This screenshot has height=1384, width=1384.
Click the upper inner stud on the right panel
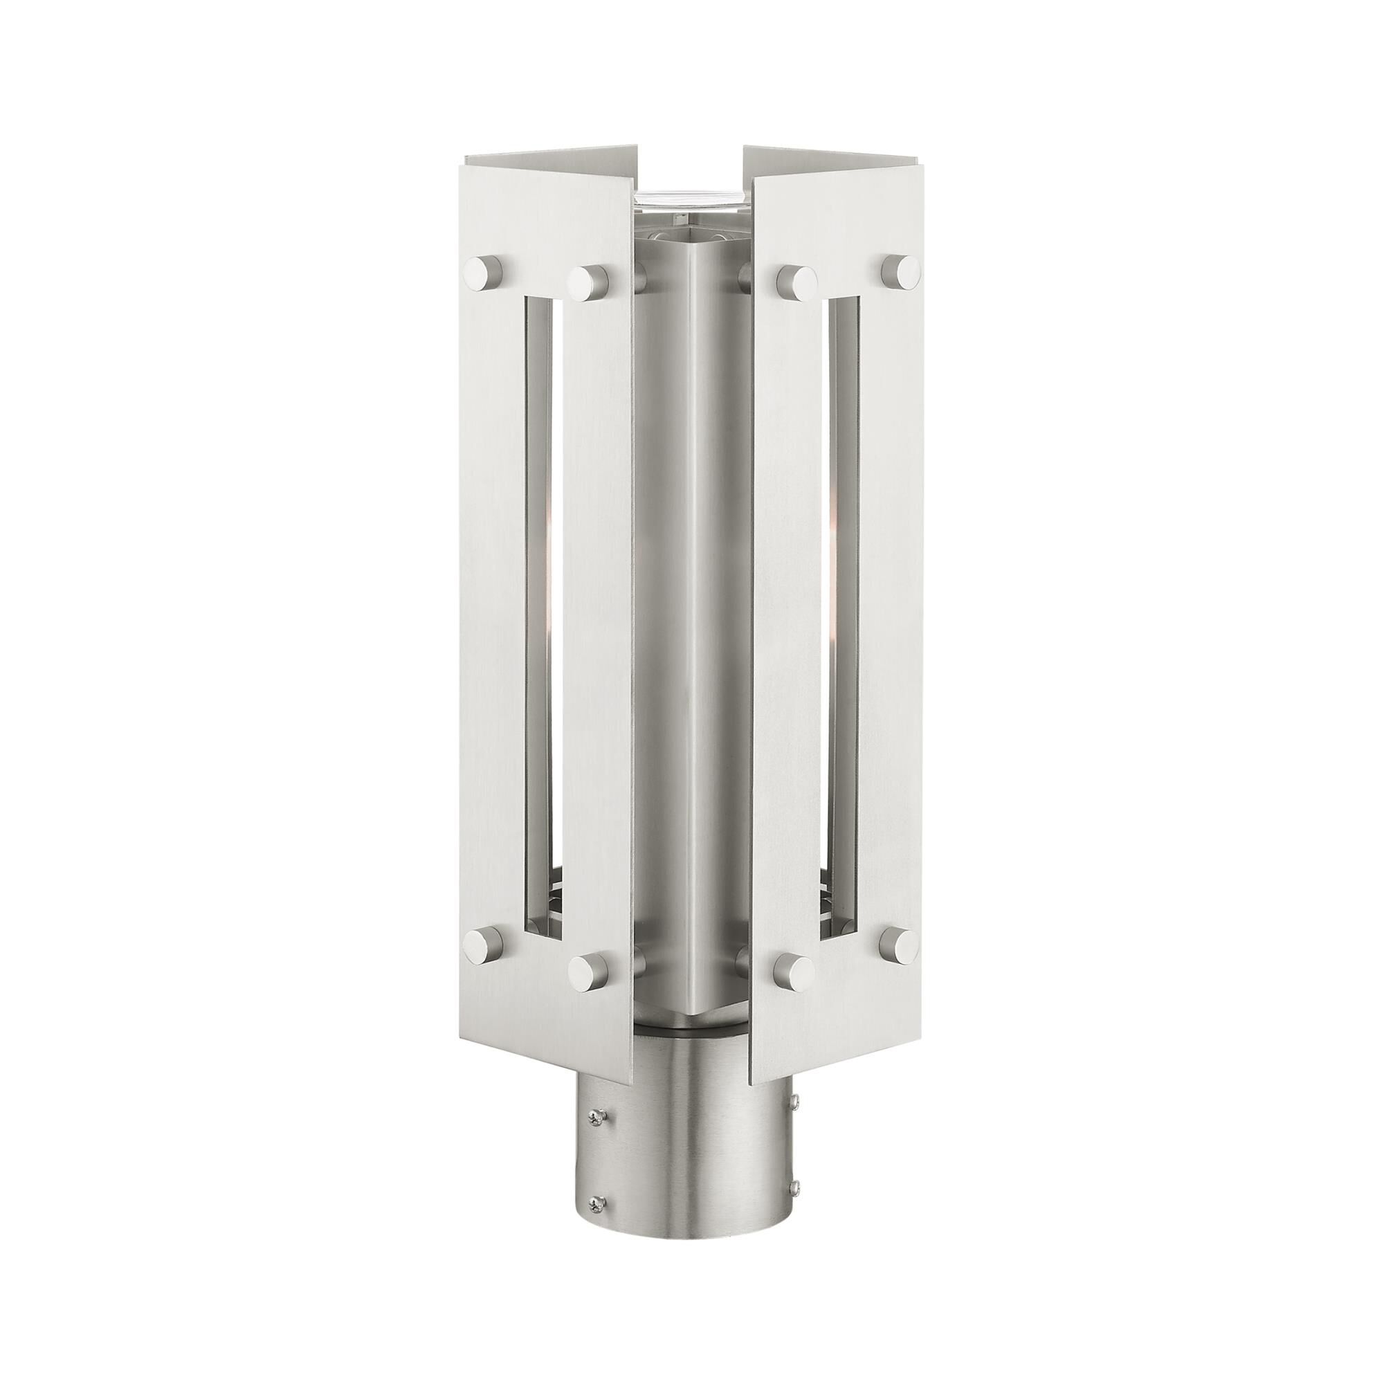795,282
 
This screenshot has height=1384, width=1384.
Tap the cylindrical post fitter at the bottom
692,1160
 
